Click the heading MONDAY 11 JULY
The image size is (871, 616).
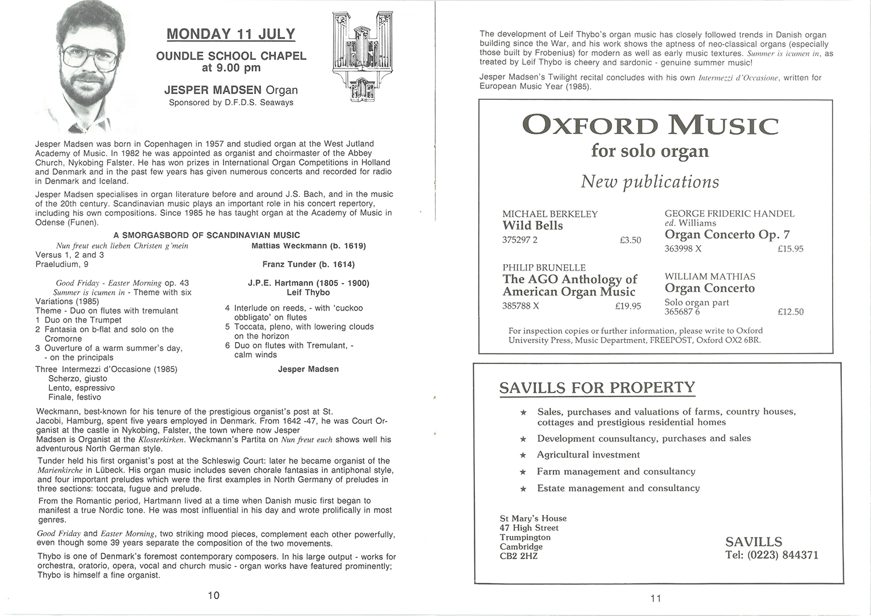(x=231, y=34)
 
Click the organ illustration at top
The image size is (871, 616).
(x=359, y=58)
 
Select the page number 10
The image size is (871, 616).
(x=214, y=596)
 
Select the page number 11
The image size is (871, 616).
(x=656, y=599)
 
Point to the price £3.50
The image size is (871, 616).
(x=630, y=240)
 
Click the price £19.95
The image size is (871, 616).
(x=628, y=306)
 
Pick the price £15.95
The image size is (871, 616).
(x=790, y=249)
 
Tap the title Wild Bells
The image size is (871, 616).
(x=532, y=226)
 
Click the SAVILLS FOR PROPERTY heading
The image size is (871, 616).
(x=597, y=388)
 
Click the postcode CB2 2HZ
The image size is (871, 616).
(x=519, y=556)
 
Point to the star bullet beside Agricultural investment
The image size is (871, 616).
(x=523, y=455)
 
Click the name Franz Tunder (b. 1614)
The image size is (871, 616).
(x=308, y=264)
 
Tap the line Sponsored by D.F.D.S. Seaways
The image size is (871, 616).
(x=231, y=103)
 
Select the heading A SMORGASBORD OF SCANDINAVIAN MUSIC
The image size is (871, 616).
(x=207, y=235)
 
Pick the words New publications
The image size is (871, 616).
(x=650, y=182)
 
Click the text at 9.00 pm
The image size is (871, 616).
(x=231, y=68)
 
